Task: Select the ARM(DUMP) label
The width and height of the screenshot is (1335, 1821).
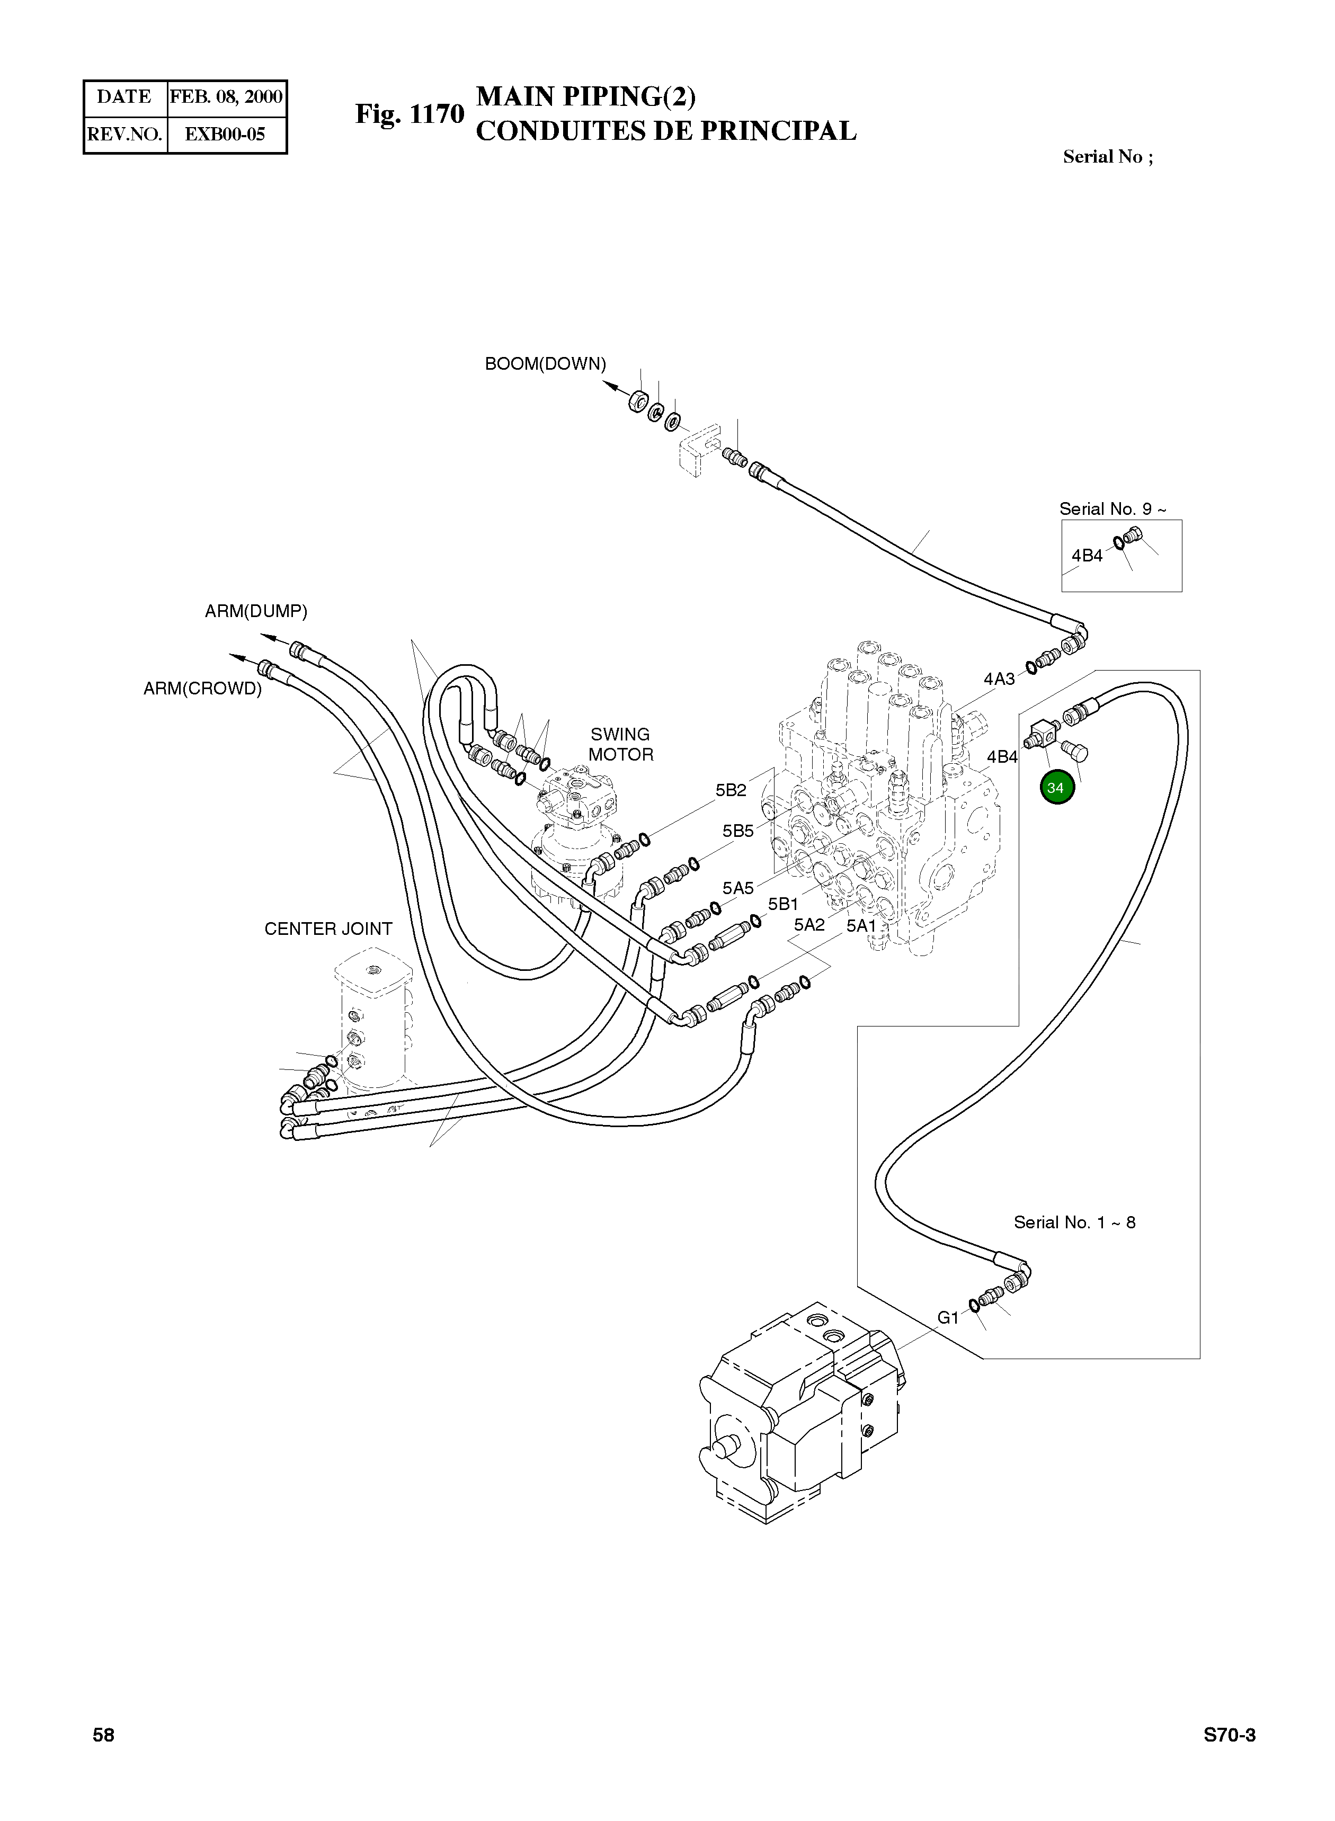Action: point(256,612)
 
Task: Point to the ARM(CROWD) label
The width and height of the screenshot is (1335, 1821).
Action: point(203,689)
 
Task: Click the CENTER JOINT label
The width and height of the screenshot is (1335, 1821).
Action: point(328,929)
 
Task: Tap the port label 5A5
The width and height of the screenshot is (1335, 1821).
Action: point(738,888)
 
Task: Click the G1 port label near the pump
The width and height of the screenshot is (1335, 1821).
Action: point(948,1318)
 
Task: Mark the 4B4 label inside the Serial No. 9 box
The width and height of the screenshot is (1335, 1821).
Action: point(1087,556)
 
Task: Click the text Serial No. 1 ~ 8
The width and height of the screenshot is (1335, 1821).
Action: point(1074,1222)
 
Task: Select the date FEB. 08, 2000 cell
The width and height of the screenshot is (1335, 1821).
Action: point(226,97)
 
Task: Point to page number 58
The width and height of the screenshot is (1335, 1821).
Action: point(103,1735)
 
